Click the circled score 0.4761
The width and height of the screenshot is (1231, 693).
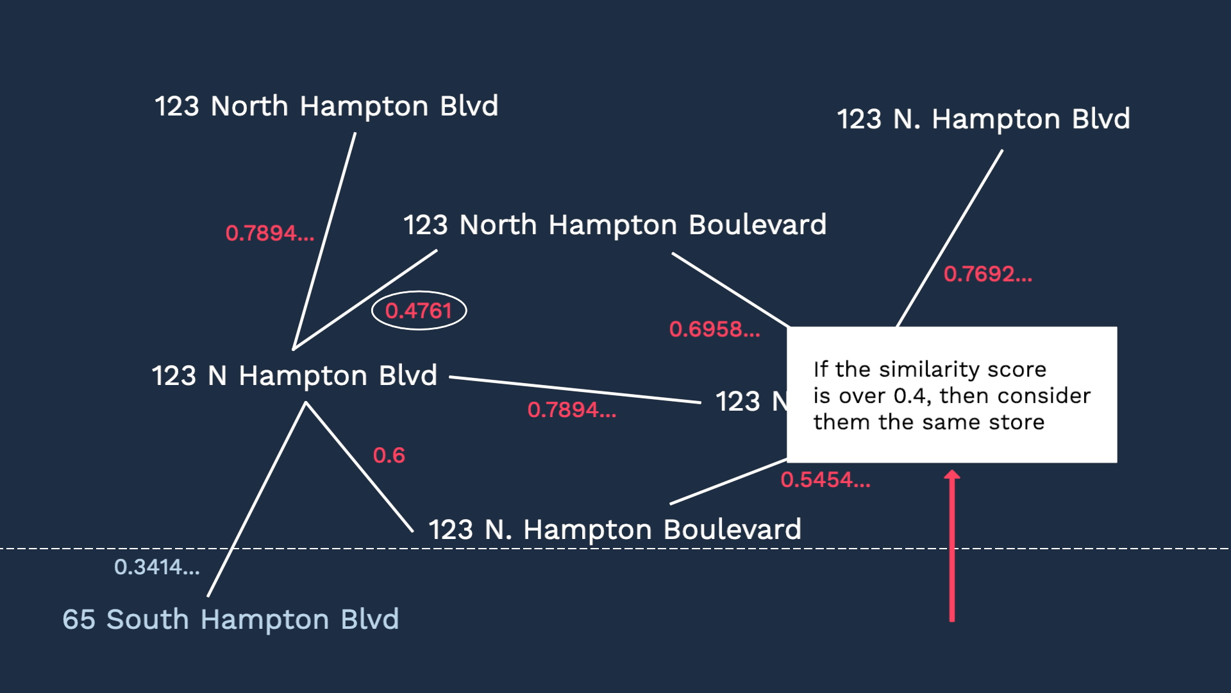pyautogui.click(x=419, y=311)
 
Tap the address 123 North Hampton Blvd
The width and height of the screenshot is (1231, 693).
pyautogui.click(x=326, y=107)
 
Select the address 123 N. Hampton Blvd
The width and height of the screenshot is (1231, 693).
pyautogui.click(x=984, y=119)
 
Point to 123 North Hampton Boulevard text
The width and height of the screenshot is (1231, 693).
pyautogui.click(x=615, y=225)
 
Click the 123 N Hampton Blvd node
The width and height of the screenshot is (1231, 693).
pyautogui.click(x=294, y=375)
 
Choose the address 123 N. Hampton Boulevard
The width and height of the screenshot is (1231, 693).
pyautogui.click(x=615, y=530)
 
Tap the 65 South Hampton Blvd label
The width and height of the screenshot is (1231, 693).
pyautogui.click(x=231, y=620)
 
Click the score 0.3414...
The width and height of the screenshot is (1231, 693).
pyautogui.click(x=157, y=567)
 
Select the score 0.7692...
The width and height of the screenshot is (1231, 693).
pyautogui.click(x=988, y=275)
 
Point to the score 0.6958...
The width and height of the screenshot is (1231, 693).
pyautogui.click(x=715, y=330)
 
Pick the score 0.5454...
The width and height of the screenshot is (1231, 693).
pyautogui.click(x=826, y=480)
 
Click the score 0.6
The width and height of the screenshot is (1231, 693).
pyautogui.click(x=389, y=456)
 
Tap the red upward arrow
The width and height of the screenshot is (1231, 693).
pyautogui.click(x=952, y=546)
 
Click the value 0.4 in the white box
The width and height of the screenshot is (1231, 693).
pyautogui.click(x=910, y=396)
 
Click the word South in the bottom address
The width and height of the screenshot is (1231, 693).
pyautogui.click(x=147, y=620)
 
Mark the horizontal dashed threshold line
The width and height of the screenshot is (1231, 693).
pyautogui.click(x=615, y=549)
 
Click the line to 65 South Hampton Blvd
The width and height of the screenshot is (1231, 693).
pyautogui.click(x=257, y=499)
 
